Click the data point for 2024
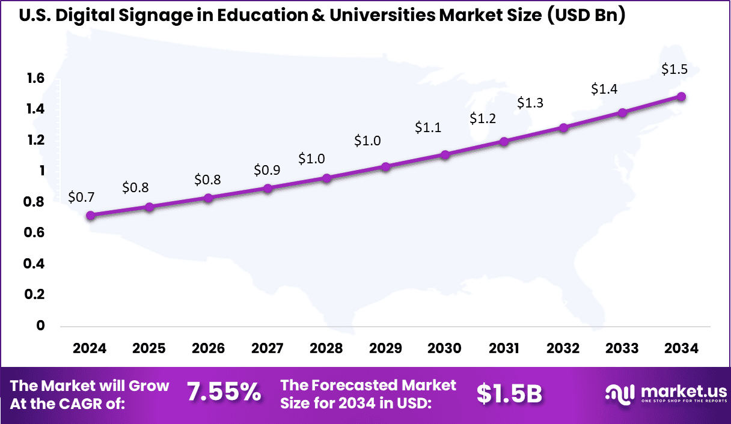(x=90, y=216)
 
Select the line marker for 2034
(x=681, y=97)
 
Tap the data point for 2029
(x=386, y=167)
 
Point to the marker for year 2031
(x=504, y=142)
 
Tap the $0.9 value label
(x=267, y=170)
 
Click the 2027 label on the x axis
(x=268, y=349)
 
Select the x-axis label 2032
(x=563, y=349)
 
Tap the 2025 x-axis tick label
(x=149, y=349)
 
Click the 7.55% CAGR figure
(x=224, y=393)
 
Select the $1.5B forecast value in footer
(x=509, y=393)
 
